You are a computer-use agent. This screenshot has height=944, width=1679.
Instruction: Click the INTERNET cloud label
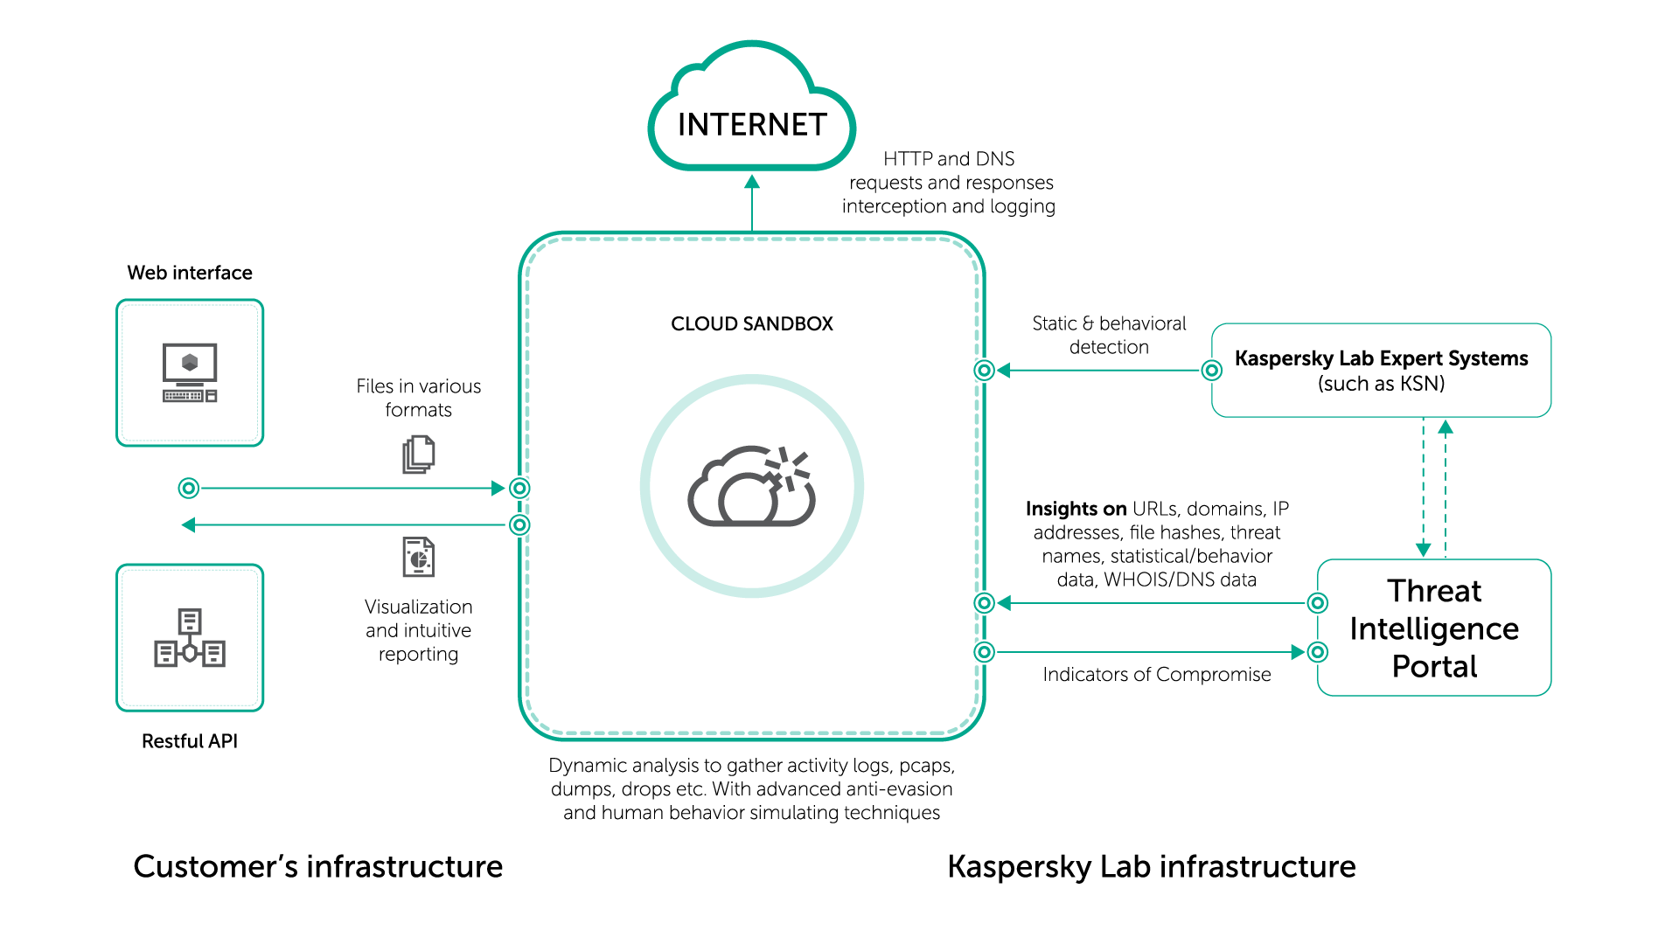click(752, 125)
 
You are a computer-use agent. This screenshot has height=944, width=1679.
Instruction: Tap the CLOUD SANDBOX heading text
click(752, 323)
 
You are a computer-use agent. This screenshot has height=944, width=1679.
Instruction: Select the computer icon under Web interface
click(190, 372)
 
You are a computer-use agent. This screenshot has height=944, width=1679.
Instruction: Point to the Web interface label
click(190, 273)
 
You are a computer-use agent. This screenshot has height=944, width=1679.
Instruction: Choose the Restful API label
click(190, 741)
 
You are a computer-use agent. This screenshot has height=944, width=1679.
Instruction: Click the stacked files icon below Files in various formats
click(419, 455)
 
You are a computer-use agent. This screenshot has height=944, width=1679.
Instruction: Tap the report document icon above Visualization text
click(419, 557)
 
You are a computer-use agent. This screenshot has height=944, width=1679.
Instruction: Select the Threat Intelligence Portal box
click(1434, 628)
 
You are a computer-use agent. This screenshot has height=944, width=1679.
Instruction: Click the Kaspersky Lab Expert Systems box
click(1382, 371)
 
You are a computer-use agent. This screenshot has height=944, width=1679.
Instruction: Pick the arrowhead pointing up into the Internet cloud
click(752, 182)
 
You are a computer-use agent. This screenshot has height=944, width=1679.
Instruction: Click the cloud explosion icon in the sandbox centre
click(752, 486)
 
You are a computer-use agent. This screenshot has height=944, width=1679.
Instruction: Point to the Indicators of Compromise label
click(1156, 675)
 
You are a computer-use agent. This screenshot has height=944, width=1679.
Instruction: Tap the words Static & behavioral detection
click(1109, 335)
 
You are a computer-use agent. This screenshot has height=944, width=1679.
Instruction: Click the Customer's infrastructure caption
click(318, 866)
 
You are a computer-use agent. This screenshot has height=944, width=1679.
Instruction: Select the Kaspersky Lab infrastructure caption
click(1152, 866)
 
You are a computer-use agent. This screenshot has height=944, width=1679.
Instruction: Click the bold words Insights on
click(1076, 509)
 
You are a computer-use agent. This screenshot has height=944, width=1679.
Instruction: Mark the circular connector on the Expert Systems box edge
click(1212, 371)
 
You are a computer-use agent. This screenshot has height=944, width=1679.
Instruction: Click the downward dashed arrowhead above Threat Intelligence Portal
click(1424, 550)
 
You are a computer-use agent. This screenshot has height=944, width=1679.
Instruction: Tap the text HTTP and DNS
click(949, 159)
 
